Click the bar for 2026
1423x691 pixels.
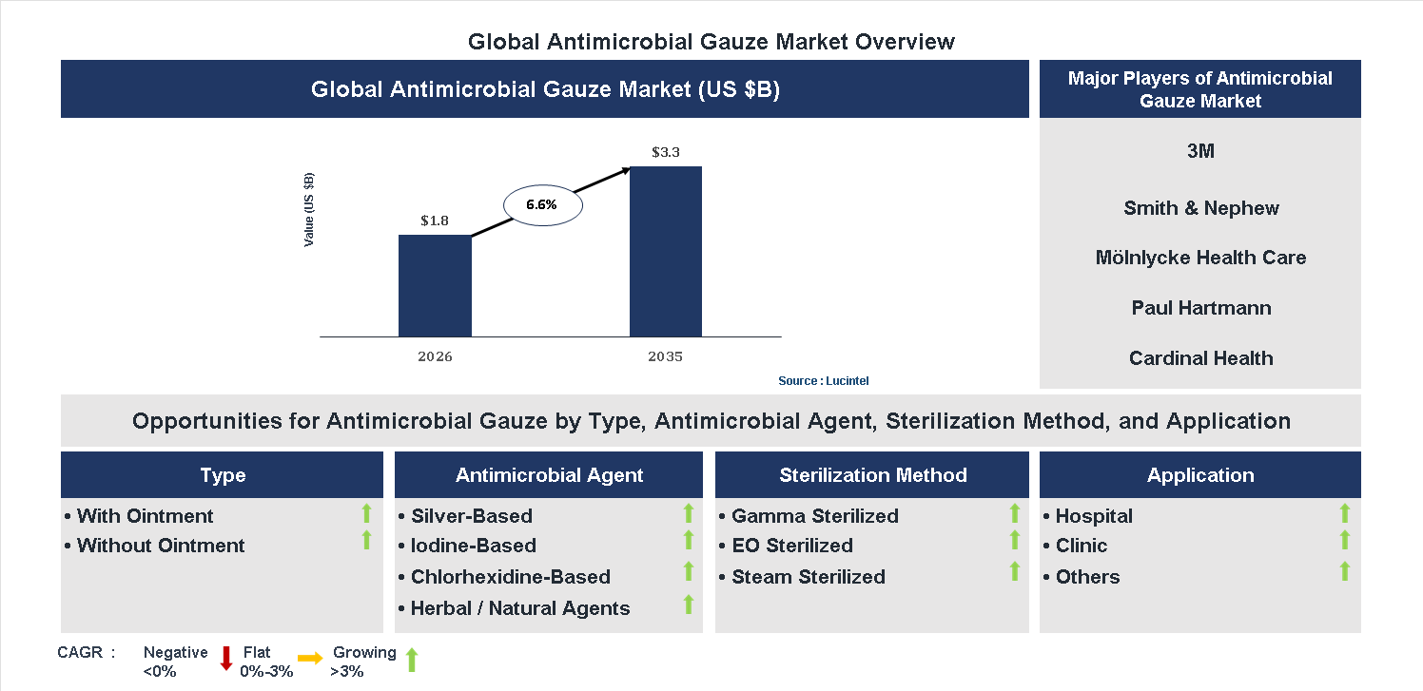coord(435,285)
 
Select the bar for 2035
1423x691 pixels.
coord(666,252)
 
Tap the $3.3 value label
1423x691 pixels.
coord(666,152)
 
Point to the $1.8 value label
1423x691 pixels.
coord(435,221)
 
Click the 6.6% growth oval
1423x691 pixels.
coord(541,204)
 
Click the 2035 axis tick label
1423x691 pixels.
coord(666,357)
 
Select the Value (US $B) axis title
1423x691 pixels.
coord(309,210)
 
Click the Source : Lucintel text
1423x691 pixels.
coord(823,381)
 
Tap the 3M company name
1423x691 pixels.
coord(1200,151)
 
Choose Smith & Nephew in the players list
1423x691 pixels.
coord(1200,208)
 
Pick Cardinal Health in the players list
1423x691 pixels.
coord(1200,358)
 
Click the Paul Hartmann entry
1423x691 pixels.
coord(1200,308)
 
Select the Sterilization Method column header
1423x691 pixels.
coord(872,475)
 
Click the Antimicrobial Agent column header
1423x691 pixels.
coord(549,475)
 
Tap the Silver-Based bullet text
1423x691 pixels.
coord(471,516)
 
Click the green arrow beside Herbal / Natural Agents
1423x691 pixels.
coord(689,605)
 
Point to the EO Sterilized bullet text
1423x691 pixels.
coord(791,546)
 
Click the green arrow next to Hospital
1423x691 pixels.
coord(1344,514)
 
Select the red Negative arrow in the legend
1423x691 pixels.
coord(226,658)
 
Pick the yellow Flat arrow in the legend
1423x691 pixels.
coord(310,658)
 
